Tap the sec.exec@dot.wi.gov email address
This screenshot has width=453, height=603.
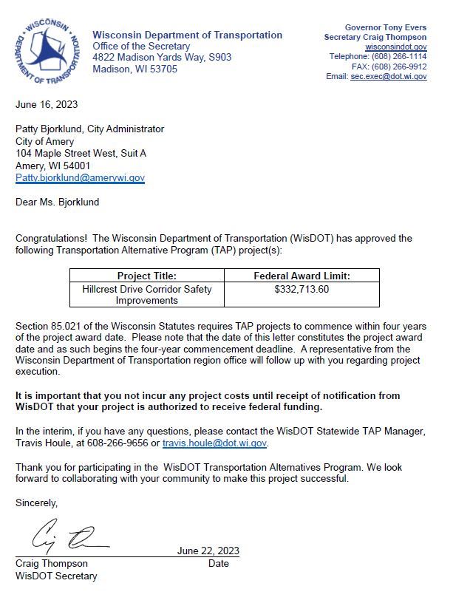(x=388, y=76)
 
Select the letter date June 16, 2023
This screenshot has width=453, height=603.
(x=47, y=104)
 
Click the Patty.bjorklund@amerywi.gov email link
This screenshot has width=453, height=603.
(x=80, y=178)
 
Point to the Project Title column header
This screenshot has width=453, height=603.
(x=146, y=276)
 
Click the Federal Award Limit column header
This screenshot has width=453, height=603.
(x=301, y=276)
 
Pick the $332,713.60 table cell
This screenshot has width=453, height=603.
(x=301, y=289)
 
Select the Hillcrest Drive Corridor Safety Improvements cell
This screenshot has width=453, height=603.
(x=146, y=294)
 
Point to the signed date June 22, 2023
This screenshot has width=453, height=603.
(x=208, y=551)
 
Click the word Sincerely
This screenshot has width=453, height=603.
(x=36, y=502)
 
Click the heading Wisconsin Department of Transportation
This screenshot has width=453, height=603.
(x=187, y=35)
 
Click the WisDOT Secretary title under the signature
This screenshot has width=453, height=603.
(x=56, y=576)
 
